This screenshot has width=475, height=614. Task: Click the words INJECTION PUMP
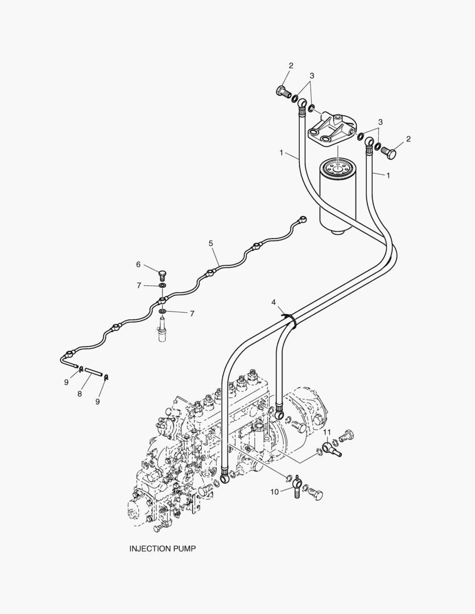pyautogui.click(x=163, y=549)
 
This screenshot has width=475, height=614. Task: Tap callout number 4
pyautogui.click(x=274, y=302)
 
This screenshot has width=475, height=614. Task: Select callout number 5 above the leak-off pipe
pyautogui.click(x=210, y=243)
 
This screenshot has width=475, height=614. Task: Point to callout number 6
pyautogui.click(x=138, y=264)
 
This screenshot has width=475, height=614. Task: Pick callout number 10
pyautogui.click(x=275, y=492)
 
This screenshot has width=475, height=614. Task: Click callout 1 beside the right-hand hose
pyautogui.click(x=389, y=175)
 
